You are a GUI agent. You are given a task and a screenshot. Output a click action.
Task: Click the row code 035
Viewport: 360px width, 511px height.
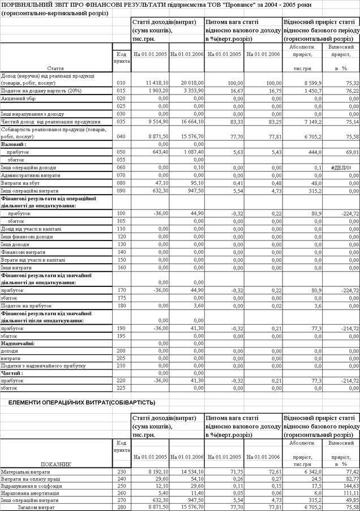click(x=121, y=121)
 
